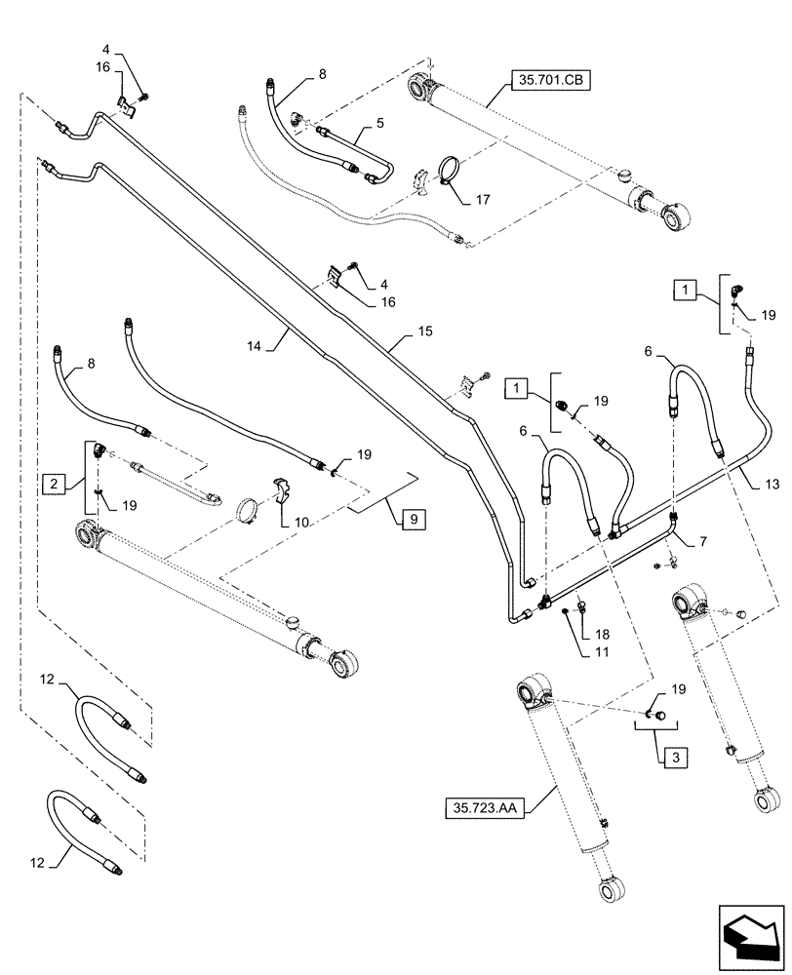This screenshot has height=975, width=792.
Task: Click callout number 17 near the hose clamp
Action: pos(483,201)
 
